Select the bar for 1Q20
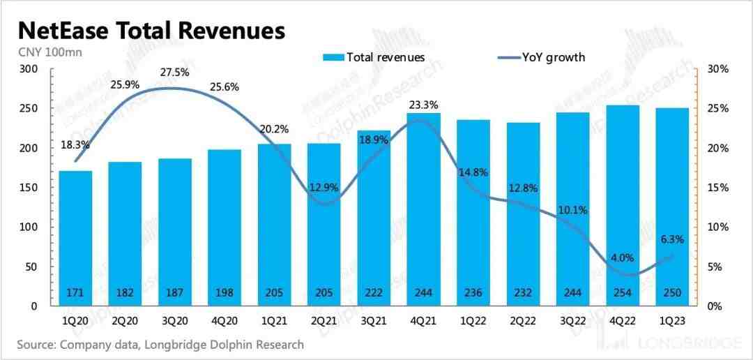tap(76, 237)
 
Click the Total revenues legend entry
tap(374, 57)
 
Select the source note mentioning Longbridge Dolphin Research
tap(160, 345)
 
